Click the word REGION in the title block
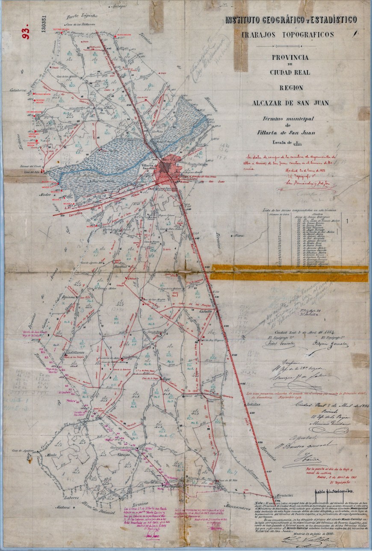(291, 88)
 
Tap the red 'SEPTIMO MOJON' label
(60, 29)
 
